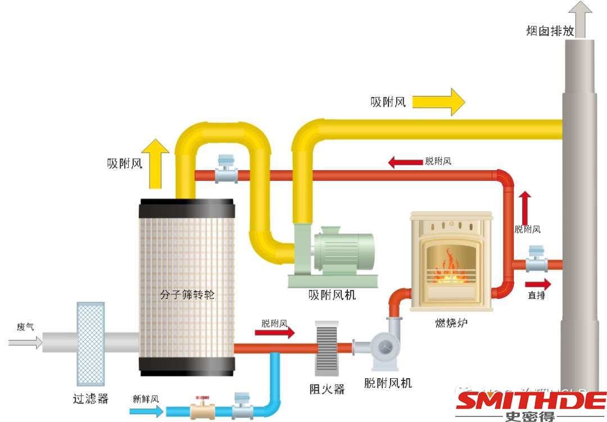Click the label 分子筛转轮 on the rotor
187,294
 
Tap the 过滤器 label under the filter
90,399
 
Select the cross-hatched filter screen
90,341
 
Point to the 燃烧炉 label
451,323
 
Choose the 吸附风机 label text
332,294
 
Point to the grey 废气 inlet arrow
25,341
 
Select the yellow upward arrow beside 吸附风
155,163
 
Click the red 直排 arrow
538,284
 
